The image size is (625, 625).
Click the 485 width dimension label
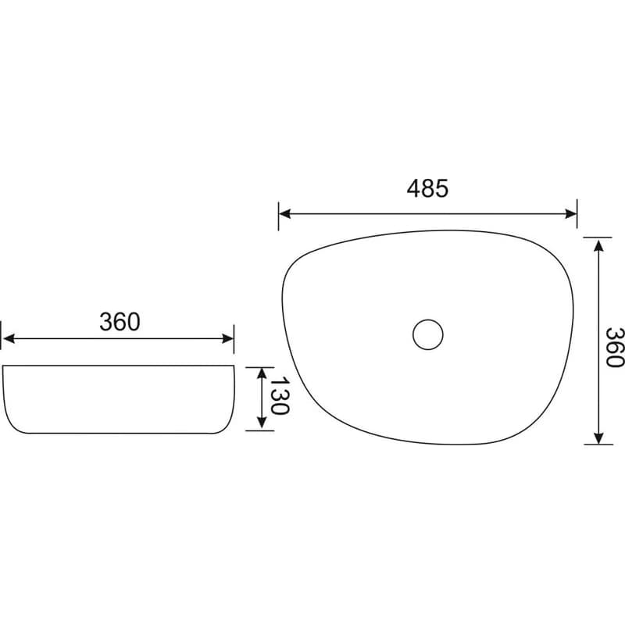(x=427, y=188)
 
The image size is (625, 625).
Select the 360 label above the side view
(x=120, y=322)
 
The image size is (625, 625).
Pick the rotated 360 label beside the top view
(x=614, y=347)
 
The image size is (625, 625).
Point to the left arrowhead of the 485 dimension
(x=284, y=214)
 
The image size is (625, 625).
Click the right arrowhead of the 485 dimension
(x=571, y=214)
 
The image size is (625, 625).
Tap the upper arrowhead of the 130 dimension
(x=262, y=373)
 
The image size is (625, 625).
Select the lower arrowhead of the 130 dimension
(x=262, y=423)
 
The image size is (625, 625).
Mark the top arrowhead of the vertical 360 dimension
(x=598, y=245)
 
